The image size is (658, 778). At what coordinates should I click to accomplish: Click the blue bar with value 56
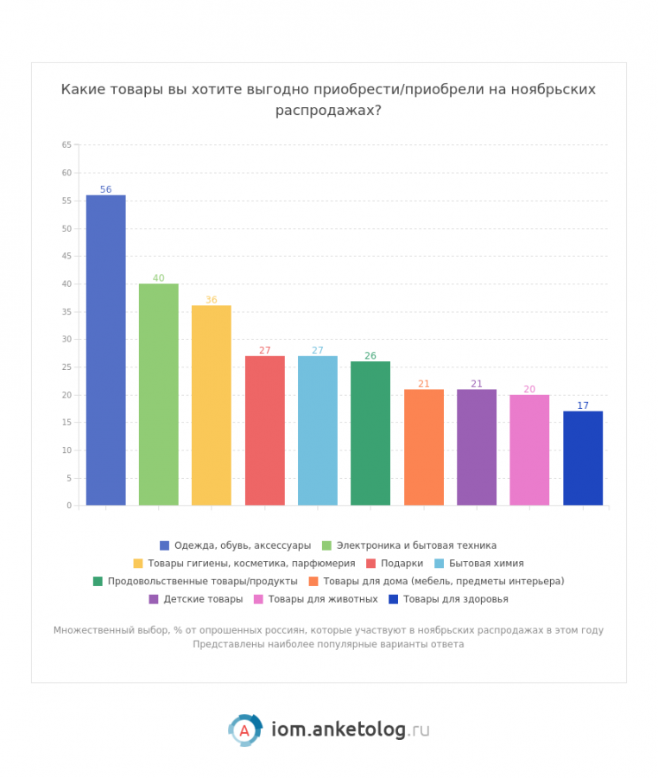(105, 350)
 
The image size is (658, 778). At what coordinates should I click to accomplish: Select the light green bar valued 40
(159, 394)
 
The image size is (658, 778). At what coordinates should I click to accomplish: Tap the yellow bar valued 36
(212, 405)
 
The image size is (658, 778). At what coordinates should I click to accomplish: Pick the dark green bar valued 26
(370, 433)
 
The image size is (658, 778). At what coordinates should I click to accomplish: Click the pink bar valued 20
(529, 450)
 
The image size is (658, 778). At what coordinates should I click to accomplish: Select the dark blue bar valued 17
(583, 458)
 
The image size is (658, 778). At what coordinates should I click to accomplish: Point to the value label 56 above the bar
(105, 189)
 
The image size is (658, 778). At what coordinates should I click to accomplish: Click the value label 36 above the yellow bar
(212, 300)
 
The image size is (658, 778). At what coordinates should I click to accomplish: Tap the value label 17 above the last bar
(583, 405)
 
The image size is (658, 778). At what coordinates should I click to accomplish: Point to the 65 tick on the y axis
(66, 145)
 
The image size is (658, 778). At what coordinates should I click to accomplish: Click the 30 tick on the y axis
(66, 340)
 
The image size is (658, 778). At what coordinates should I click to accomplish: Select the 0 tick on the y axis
(69, 506)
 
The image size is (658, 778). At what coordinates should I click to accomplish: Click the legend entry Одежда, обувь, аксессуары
(242, 545)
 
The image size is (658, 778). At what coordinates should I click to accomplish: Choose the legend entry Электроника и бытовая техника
(416, 545)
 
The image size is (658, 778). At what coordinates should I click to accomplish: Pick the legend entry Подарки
(402, 563)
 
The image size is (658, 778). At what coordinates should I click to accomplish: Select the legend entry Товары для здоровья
(455, 599)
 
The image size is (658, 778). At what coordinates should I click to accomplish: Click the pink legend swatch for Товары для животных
(258, 599)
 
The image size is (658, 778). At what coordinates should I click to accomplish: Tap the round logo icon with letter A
(244, 730)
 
